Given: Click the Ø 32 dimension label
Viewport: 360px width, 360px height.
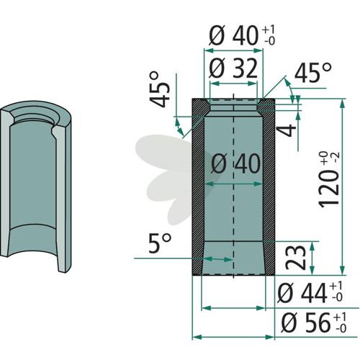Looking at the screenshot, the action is [233, 68].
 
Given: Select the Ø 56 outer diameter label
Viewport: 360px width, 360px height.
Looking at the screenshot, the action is [306, 323].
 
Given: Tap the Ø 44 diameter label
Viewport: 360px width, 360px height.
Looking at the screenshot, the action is [302, 293].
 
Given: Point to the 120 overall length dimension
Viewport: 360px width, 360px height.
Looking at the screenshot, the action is [328, 189].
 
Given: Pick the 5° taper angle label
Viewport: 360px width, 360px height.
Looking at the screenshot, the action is [160, 243].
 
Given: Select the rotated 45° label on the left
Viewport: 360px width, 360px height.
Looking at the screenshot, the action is [160, 89].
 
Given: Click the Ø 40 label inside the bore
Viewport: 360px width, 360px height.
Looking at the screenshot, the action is [235, 164].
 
